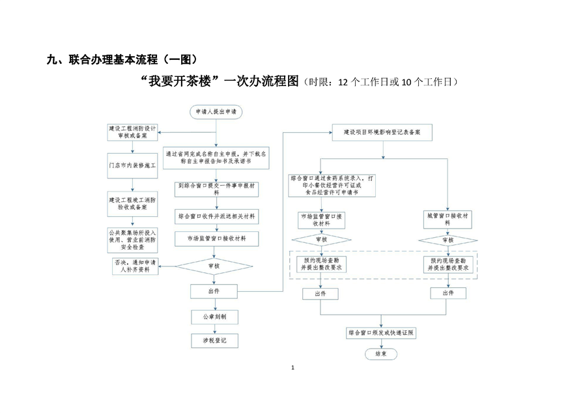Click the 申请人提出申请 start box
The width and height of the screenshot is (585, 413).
point(216,112)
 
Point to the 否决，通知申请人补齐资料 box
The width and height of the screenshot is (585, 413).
point(135,266)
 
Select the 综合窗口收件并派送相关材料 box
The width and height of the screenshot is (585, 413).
point(216,215)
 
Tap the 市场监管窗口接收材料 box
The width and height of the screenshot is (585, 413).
point(216,238)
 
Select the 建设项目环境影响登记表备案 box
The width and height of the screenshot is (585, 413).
point(382,132)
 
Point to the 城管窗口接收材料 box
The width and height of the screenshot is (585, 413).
point(448,218)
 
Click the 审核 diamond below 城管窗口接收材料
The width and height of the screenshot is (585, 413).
point(448,240)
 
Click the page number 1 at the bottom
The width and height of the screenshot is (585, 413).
point(293,368)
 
